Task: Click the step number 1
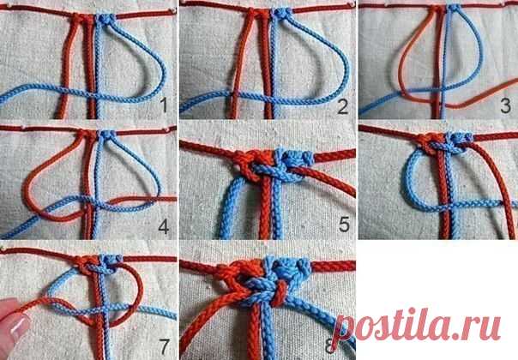pyautogui.click(x=164, y=105)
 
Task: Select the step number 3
pyautogui.click(x=505, y=105)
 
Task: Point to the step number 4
pyautogui.click(x=164, y=226)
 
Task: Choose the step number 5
pyautogui.click(x=344, y=225)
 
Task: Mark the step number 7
pyautogui.click(x=164, y=346)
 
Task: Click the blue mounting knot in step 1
pyautogui.click(x=106, y=19)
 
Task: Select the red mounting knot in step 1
pyautogui.click(x=82, y=18)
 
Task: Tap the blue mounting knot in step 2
pyautogui.click(x=282, y=14)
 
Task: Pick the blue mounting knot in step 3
pyautogui.click(x=455, y=8)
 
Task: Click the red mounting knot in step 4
pyautogui.click(x=87, y=135)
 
